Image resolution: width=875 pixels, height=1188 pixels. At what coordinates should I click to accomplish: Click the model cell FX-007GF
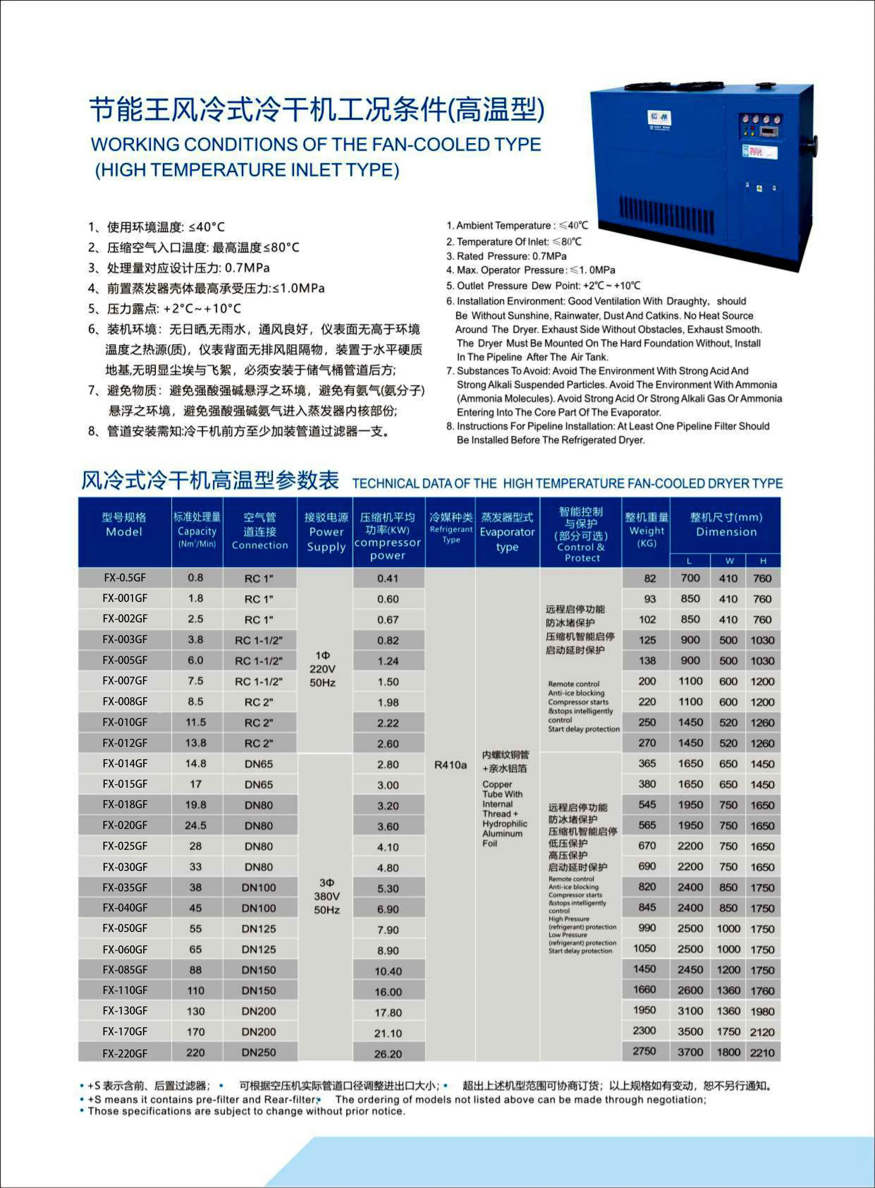coord(125,681)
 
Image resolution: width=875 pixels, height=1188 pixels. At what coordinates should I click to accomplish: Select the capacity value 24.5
coord(195,825)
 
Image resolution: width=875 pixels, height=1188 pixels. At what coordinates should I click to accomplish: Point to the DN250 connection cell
coord(259,1052)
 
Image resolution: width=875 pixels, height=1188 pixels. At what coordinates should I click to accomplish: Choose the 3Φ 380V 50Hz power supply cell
coord(326,896)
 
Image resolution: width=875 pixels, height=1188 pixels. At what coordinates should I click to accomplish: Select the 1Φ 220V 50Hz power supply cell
coord(323,669)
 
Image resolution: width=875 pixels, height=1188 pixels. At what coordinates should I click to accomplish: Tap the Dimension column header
coord(725,524)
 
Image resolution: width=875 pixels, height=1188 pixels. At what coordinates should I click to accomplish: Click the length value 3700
coord(690,1052)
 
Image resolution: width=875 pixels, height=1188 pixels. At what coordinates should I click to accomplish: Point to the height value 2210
coord(762,1052)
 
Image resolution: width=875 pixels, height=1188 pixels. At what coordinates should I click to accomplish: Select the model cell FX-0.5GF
coord(125,578)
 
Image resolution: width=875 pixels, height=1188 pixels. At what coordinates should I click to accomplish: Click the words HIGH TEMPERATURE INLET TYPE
coord(247,170)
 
